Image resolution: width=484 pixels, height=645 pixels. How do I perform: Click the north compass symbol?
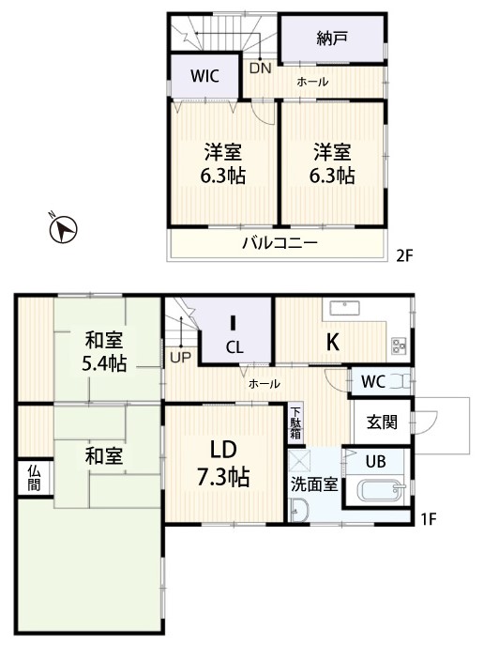coord(63,228)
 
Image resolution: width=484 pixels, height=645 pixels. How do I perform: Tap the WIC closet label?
coord(204,76)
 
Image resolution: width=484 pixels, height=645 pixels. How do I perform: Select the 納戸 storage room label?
coord(332,38)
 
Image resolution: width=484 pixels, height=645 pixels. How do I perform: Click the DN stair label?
coord(261,68)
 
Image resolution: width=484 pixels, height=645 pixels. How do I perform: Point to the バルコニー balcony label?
coord(280,243)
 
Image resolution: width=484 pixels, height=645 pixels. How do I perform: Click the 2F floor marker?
coord(404,256)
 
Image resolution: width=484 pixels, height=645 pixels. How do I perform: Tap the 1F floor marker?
coord(428,519)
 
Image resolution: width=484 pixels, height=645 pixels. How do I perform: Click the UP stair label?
coord(181,358)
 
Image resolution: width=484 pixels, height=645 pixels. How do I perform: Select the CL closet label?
coord(234,348)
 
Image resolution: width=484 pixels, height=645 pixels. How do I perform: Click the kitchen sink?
coord(345,308)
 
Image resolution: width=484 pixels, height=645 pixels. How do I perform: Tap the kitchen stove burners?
coord(399,346)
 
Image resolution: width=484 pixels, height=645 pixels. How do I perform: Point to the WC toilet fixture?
coord(399,381)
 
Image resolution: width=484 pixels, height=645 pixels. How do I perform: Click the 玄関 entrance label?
coord(382,422)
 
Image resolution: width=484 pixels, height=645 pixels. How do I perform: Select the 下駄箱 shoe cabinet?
coord(295,422)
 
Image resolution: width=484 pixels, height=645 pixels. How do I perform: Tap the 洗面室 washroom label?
coord(314,484)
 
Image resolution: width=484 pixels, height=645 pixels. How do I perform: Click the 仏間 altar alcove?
coord(34,479)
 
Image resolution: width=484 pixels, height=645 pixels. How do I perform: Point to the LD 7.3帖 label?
coord(223,463)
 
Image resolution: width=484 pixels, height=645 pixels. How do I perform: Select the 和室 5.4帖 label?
coord(104,352)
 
